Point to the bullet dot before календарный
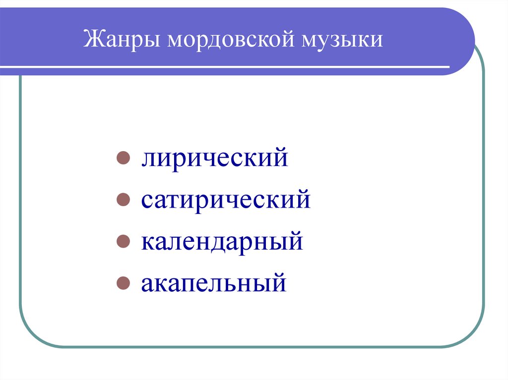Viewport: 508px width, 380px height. point(122,242)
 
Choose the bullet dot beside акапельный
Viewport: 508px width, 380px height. point(122,284)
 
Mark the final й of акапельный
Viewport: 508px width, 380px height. point(279,283)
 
